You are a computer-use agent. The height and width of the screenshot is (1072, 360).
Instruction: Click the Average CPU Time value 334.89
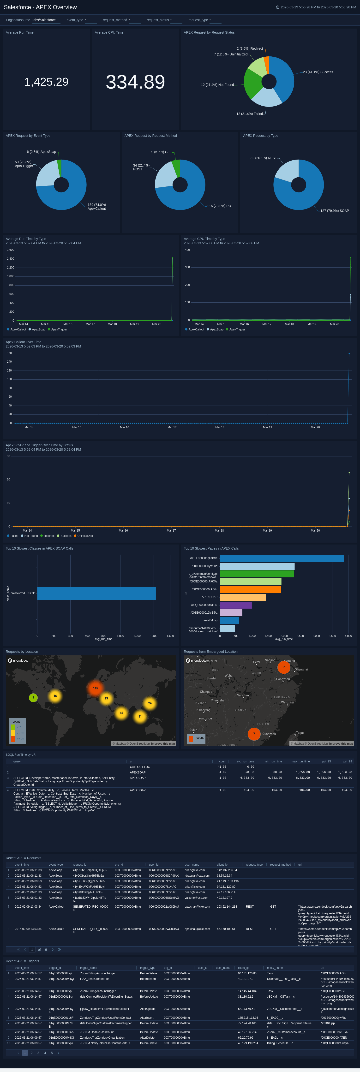pyautogui.click(x=135, y=82)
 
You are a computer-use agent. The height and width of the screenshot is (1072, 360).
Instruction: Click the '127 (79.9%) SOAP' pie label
pyautogui.click(x=335, y=210)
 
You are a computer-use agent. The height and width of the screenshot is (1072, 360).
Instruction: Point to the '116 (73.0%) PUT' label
pyautogui.click(x=220, y=206)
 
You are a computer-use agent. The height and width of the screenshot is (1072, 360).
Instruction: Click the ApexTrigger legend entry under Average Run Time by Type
pyautogui.click(x=59, y=329)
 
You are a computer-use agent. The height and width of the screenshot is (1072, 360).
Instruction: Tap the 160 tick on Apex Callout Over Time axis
pyautogui.click(x=9, y=353)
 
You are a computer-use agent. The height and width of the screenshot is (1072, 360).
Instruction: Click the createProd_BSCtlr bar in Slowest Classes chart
pyautogui.click(x=96, y=593)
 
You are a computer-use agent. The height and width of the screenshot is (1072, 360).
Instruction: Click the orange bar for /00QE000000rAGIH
pyautogui.click(x=250, y=589)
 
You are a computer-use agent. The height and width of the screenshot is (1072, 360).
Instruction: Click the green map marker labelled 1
pyautogui.click(x=33, y=697)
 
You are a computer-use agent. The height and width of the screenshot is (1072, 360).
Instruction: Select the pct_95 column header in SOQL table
pyautogui.click(x=326, y=761)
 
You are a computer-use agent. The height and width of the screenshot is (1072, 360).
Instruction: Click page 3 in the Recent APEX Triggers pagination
pyautogui.click(x=38, y=1053)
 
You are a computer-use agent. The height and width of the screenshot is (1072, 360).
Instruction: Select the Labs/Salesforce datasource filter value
pyautogui.click(x=44, y=20)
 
